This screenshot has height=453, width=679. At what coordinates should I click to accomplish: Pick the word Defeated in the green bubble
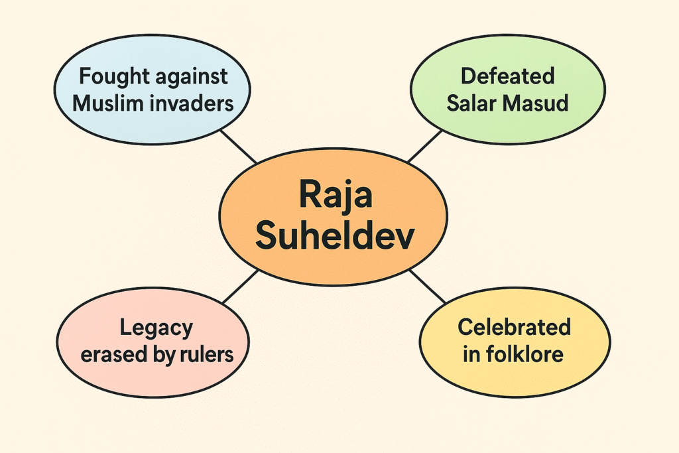tap(507, 76)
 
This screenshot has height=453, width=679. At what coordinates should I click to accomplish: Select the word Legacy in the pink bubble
tap(156, 327)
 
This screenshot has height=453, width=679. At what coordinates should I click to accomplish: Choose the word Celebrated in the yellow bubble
tap(514, 327)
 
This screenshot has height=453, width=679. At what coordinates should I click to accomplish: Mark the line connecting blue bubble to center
tap(239, 147)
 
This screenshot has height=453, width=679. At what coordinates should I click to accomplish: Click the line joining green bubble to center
tap(424, 147)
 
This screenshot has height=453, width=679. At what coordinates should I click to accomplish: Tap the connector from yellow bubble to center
tap(428, 286)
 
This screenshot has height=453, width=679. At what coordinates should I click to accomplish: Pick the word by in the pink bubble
tap(164, 356)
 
